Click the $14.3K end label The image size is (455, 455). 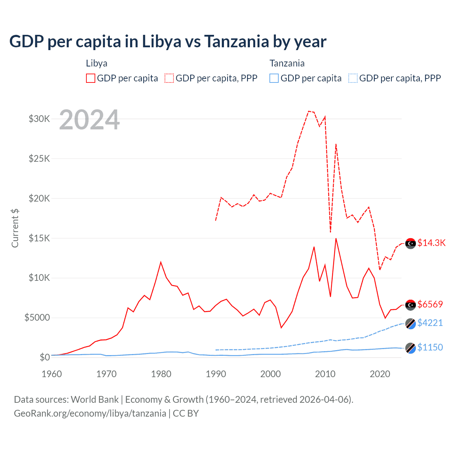pos(431,243)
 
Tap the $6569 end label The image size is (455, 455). pos(430,304)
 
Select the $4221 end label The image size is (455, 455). pos(430,323)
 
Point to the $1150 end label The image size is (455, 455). pos(430,347)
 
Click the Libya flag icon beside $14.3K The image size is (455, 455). pos(411,243)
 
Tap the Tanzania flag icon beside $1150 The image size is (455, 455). pos(411,348)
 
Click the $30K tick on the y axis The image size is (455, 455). pos(39,119)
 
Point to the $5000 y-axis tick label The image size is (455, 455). pos(37,317)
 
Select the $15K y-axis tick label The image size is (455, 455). pos(39,238)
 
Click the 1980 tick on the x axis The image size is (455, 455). pos(161,374)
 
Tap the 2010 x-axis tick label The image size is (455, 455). pos(325,374)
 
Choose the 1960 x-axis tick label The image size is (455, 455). pos(52,374)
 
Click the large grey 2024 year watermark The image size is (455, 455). pos(90,120)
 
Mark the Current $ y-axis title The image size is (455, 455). pos(15,228)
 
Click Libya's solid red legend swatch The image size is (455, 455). pos(91,78)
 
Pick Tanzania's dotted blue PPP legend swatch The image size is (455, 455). pos(353,78)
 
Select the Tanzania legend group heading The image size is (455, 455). pos(287,63)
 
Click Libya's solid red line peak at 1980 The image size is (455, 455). pos(161,262)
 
